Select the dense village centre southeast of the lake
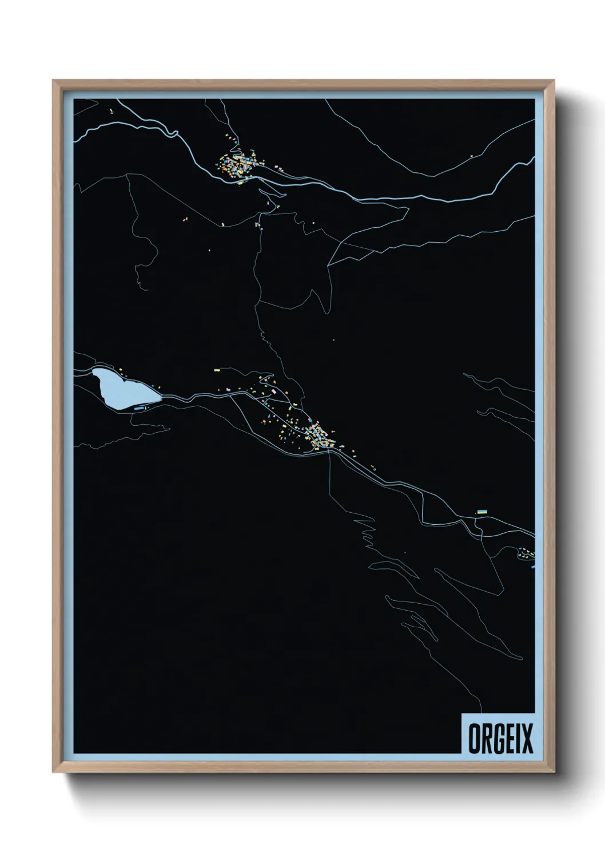point(318,437)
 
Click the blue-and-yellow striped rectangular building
point(482,511)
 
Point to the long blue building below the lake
point(138,409)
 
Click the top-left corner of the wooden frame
point(54,82)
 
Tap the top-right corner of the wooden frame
point(554,82)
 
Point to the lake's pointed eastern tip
point(162,394)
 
